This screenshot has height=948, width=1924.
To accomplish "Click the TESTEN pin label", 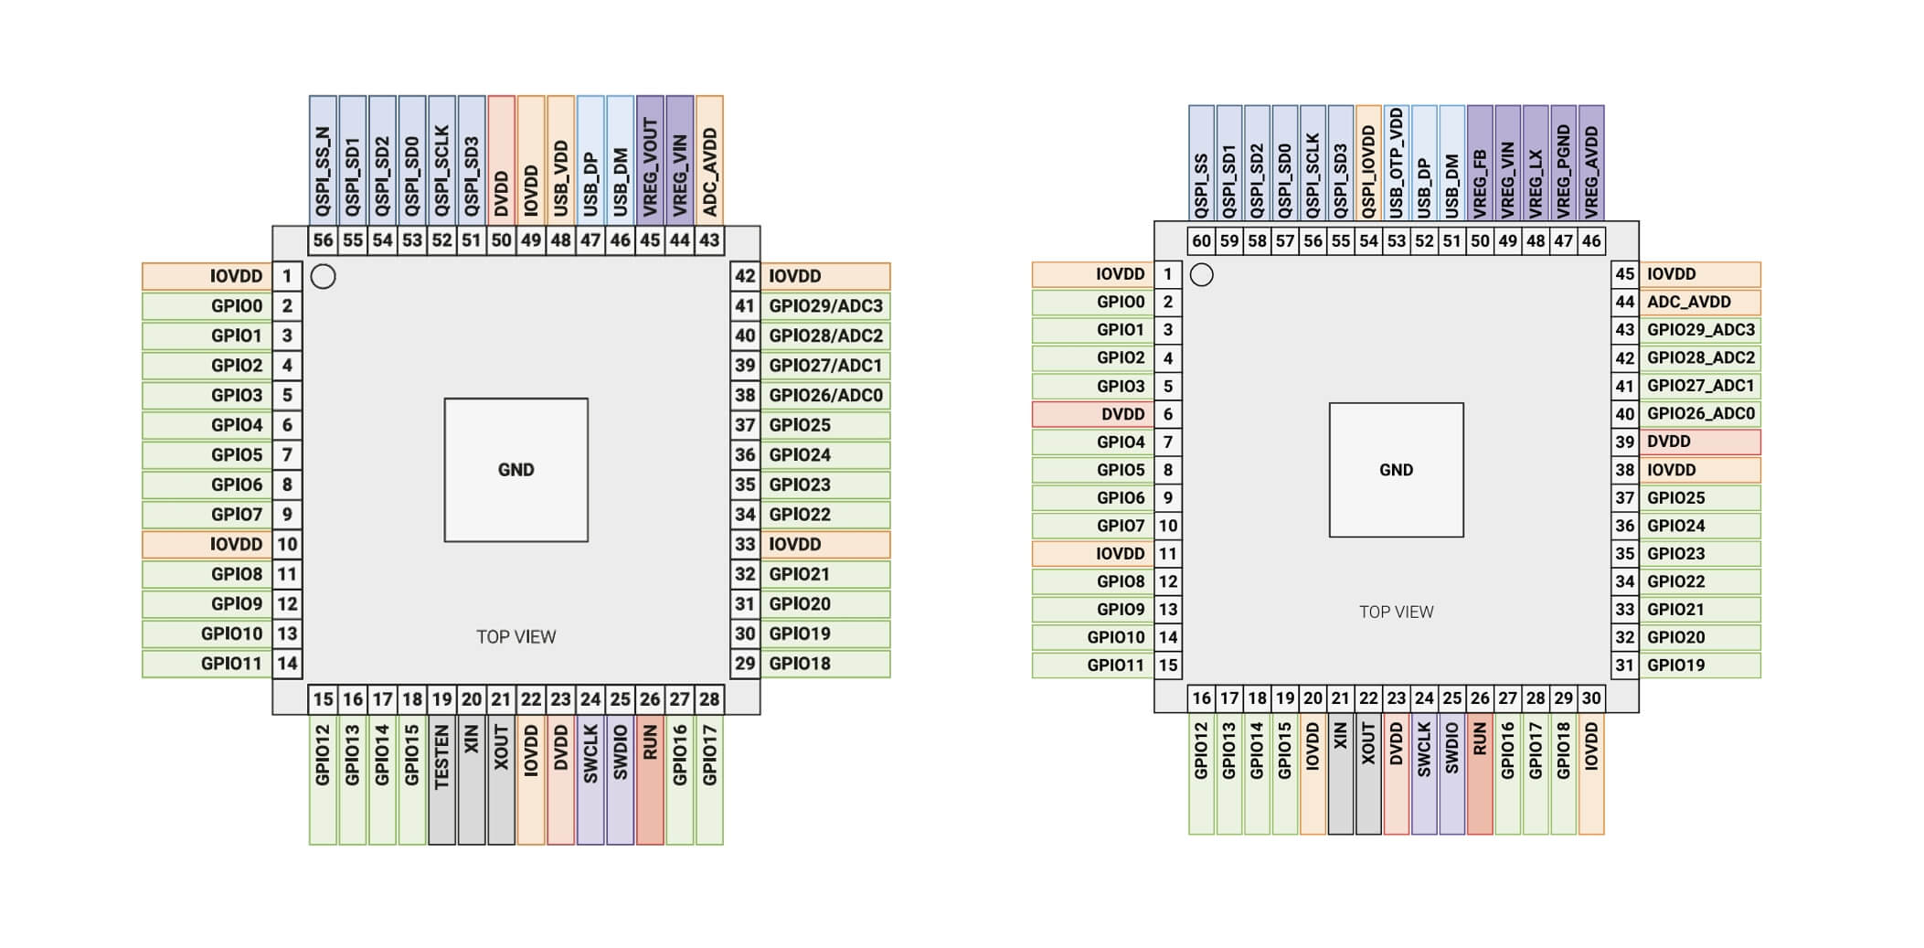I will (x=441, y=757).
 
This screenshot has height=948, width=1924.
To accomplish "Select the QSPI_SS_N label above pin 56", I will (x=323, y=172).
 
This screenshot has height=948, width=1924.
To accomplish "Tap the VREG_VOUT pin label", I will (x=650, y=167).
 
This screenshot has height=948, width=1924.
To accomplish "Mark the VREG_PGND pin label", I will (x=1563, y=172).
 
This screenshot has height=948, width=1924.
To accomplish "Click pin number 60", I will (x=1201, y=240).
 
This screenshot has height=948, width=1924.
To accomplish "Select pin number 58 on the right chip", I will (x=1257, y=240).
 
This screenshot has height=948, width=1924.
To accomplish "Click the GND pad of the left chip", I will (x=516, y=470).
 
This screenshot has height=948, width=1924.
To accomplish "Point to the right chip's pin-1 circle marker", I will (x=1202, y=274).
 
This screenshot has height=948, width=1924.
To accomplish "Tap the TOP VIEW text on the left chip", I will (x=516, y=636).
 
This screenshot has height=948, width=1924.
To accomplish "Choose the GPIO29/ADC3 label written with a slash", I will (x=825, y=306).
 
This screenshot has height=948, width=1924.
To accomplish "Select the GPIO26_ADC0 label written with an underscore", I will (x=1700, y=414).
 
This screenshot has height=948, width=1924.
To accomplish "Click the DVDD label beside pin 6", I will (x=1122, y=414).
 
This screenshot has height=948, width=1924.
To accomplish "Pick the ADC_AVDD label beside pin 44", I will (x=1688, y=302).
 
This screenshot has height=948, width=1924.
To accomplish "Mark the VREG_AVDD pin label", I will (x=1591, y=172).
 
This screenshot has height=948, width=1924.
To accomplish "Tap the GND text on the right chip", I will (x=1396, y=470).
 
